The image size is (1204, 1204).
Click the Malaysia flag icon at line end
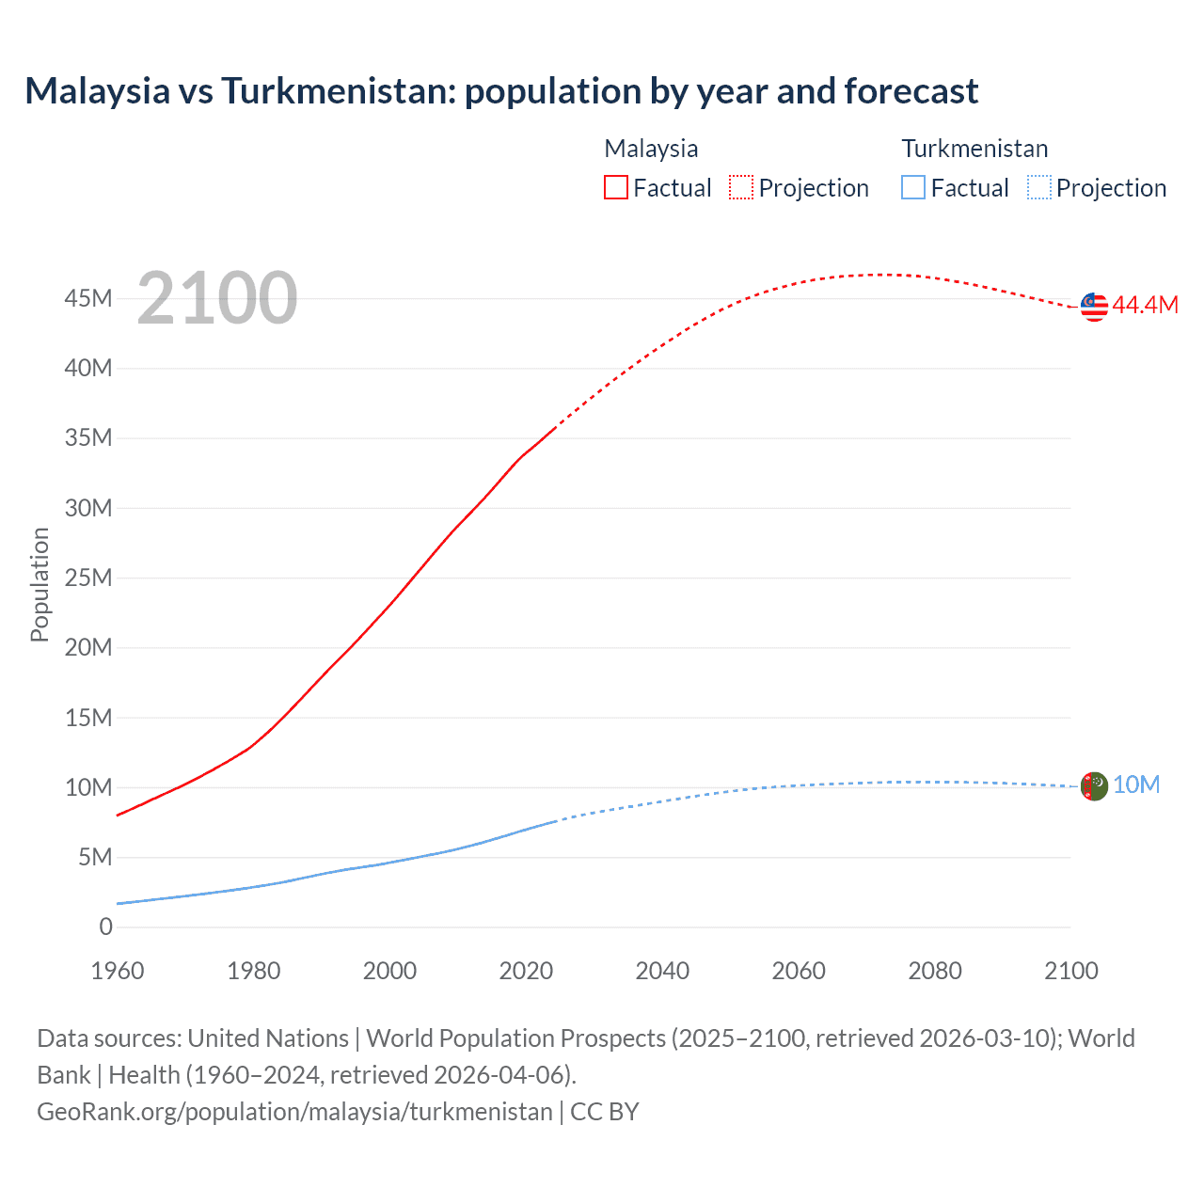pyautogui.click(x=1094, y=307)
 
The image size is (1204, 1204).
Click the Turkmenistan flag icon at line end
pyautogui.click(x=1094, y=785)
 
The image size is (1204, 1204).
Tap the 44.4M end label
pyautogui.click(x=1145, y=305)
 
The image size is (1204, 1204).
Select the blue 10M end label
pyautogui.click(x=1136, y=784)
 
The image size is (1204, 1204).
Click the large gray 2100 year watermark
pyautogui.click(x=217, y=298)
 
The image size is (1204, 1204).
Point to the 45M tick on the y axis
pyautogui.click(x=88, y=298)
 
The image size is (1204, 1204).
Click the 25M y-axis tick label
pyautogui.click(x=88, y=578)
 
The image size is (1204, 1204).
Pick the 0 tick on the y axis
pyautogui.click(x=105, y=927)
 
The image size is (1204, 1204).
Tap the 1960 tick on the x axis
pyautogui.click(x=118, y=971)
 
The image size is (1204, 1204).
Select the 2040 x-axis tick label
pyautogui.click(x=662, y=971)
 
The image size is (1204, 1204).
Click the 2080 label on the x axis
pyautogui.click(x=935, y=971)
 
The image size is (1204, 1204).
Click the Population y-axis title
pyautogui.click(x=40, y=584)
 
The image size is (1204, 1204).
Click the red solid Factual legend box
pyautogui.click(x=616, y=188)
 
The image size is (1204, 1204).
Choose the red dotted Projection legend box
pyautogui.click(x=741, y=188)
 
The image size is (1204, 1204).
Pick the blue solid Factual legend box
pyautogui.click(x=913, y=188)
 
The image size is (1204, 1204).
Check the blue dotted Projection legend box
pyautogui.click(x=1039, y=188)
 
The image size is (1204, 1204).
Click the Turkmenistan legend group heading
pyautogui.click(x=974, y=149)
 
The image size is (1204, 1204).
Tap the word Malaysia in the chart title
pyautogui.click(x=98, y=91)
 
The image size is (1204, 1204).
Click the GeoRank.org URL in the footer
pyautogui.click(x=294, y=1111)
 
